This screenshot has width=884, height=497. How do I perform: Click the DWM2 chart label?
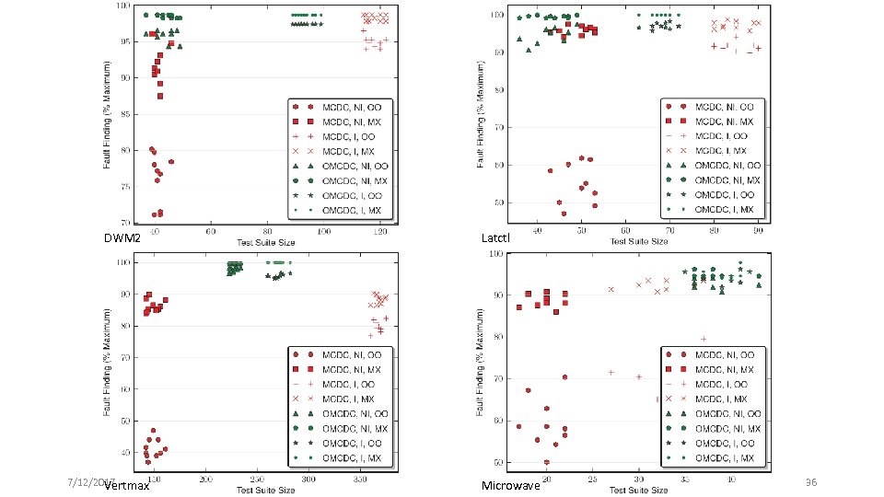122,238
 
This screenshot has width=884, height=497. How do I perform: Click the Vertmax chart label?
126,486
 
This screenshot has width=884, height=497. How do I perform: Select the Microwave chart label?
510,485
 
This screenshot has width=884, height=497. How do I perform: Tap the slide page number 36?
811,482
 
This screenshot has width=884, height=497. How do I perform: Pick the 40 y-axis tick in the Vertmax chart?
122,453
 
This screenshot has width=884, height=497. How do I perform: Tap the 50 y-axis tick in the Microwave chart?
495,462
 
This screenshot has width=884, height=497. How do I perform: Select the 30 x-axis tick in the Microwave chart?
638,480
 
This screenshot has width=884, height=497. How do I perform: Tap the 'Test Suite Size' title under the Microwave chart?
638,489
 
